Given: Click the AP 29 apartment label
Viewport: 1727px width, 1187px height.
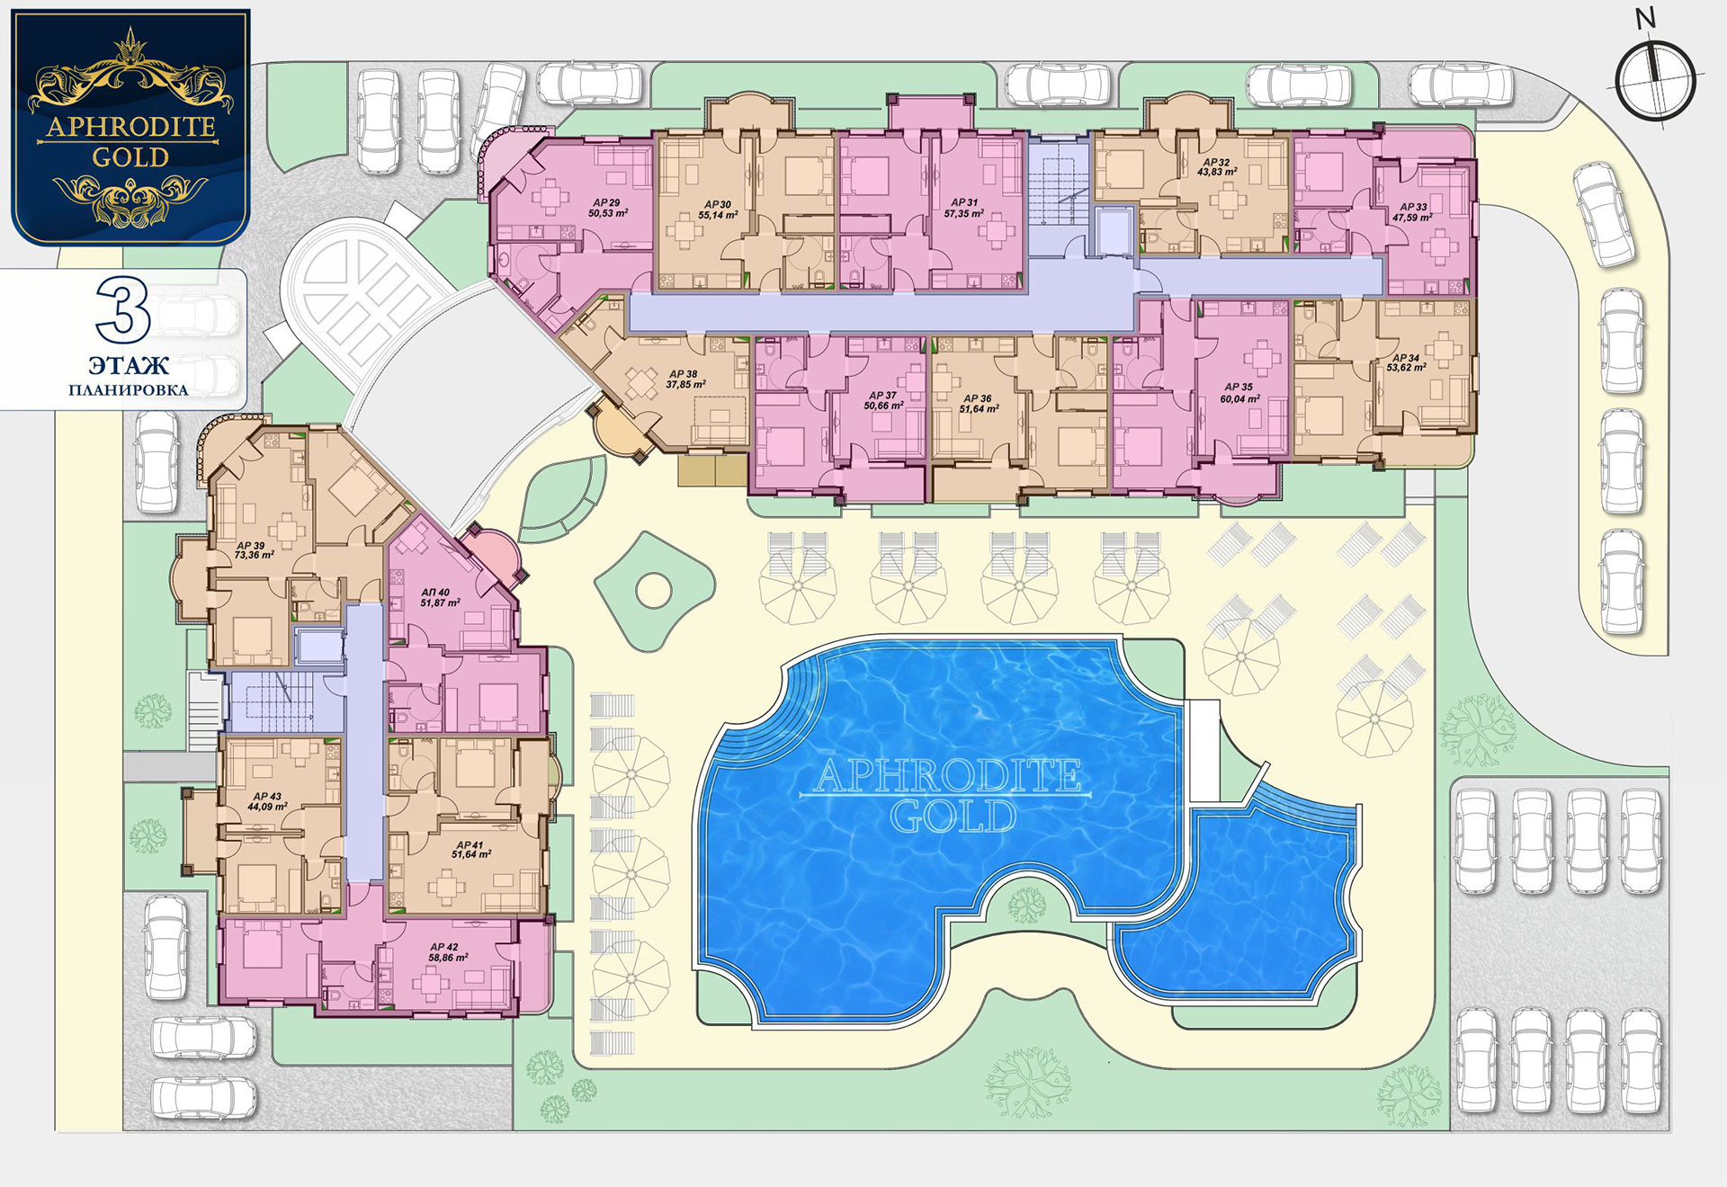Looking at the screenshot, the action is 606,203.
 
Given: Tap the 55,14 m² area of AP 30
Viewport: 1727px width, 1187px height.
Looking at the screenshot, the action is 718,216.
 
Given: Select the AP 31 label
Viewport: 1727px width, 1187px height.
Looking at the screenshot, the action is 964,203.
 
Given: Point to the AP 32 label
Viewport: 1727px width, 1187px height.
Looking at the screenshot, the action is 1216,163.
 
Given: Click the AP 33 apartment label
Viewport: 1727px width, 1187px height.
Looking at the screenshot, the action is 1413,207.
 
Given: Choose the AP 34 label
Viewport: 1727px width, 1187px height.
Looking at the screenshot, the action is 1406,358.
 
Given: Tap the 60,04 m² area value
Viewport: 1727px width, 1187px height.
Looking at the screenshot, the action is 1239,398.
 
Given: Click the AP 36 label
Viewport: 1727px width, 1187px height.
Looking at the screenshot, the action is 978,398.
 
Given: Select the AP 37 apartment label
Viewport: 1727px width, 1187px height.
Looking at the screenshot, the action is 882,396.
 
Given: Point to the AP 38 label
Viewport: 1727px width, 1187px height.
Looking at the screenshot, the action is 684,374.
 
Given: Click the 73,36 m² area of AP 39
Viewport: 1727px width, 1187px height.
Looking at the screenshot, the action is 254,556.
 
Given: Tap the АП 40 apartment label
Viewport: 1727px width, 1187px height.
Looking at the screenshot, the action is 435,593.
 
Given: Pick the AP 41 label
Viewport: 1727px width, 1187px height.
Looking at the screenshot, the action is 470,845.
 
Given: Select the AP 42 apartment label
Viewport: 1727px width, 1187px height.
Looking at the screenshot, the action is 444,948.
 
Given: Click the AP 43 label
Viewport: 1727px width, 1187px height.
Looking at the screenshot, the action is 267,797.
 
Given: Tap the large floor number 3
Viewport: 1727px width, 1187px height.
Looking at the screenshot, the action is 123,312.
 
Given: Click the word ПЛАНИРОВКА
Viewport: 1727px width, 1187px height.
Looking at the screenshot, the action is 129,390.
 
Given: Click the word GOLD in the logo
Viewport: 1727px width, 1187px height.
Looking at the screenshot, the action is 130,157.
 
